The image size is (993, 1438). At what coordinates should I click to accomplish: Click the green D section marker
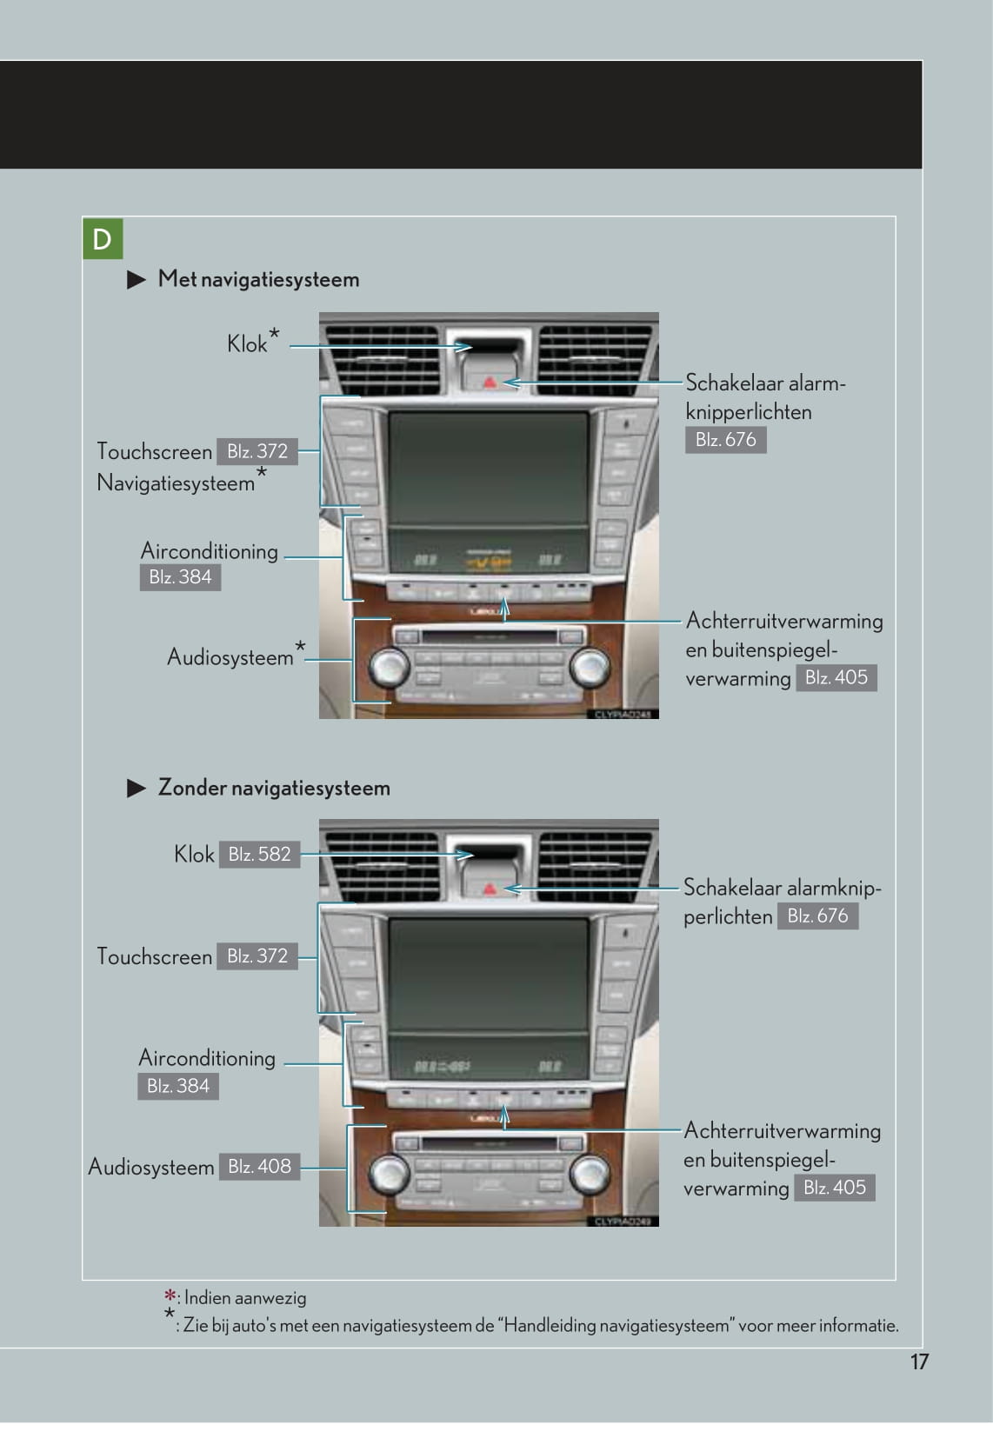[103, 239]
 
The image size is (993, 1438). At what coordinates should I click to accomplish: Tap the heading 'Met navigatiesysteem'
[258, 280]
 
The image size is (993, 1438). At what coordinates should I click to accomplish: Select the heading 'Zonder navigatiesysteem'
[274, 789]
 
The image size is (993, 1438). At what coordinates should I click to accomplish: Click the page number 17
[919, 1361]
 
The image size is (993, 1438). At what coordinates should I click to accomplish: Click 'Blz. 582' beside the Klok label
[259, 855]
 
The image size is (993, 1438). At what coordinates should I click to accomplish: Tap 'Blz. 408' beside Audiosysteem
[259, 1167]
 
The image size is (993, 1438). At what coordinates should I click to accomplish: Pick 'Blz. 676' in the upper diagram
[725, 440]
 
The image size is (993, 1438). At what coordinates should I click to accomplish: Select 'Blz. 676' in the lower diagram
[817, 916]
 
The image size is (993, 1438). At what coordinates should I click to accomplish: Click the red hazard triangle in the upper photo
[490, 381]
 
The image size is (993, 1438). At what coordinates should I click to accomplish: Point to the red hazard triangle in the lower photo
[490, 889]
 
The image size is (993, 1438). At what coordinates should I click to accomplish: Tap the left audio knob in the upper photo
[389, 668]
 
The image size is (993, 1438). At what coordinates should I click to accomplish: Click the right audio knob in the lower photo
[590, 1172]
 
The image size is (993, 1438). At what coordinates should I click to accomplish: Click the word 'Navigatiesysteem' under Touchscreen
[176, 483]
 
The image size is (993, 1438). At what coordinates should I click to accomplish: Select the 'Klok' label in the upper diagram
[247, 345]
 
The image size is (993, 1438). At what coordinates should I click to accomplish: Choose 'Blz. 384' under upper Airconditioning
[180, 577]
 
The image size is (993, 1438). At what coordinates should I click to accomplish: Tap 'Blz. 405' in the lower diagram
[835, 1188]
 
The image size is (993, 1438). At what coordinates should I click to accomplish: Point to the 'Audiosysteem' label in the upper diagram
[230, 657]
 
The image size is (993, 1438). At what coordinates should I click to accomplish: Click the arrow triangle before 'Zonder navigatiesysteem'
[137, 789]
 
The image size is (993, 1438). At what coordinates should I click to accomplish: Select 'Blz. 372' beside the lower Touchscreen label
[257, 956]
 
